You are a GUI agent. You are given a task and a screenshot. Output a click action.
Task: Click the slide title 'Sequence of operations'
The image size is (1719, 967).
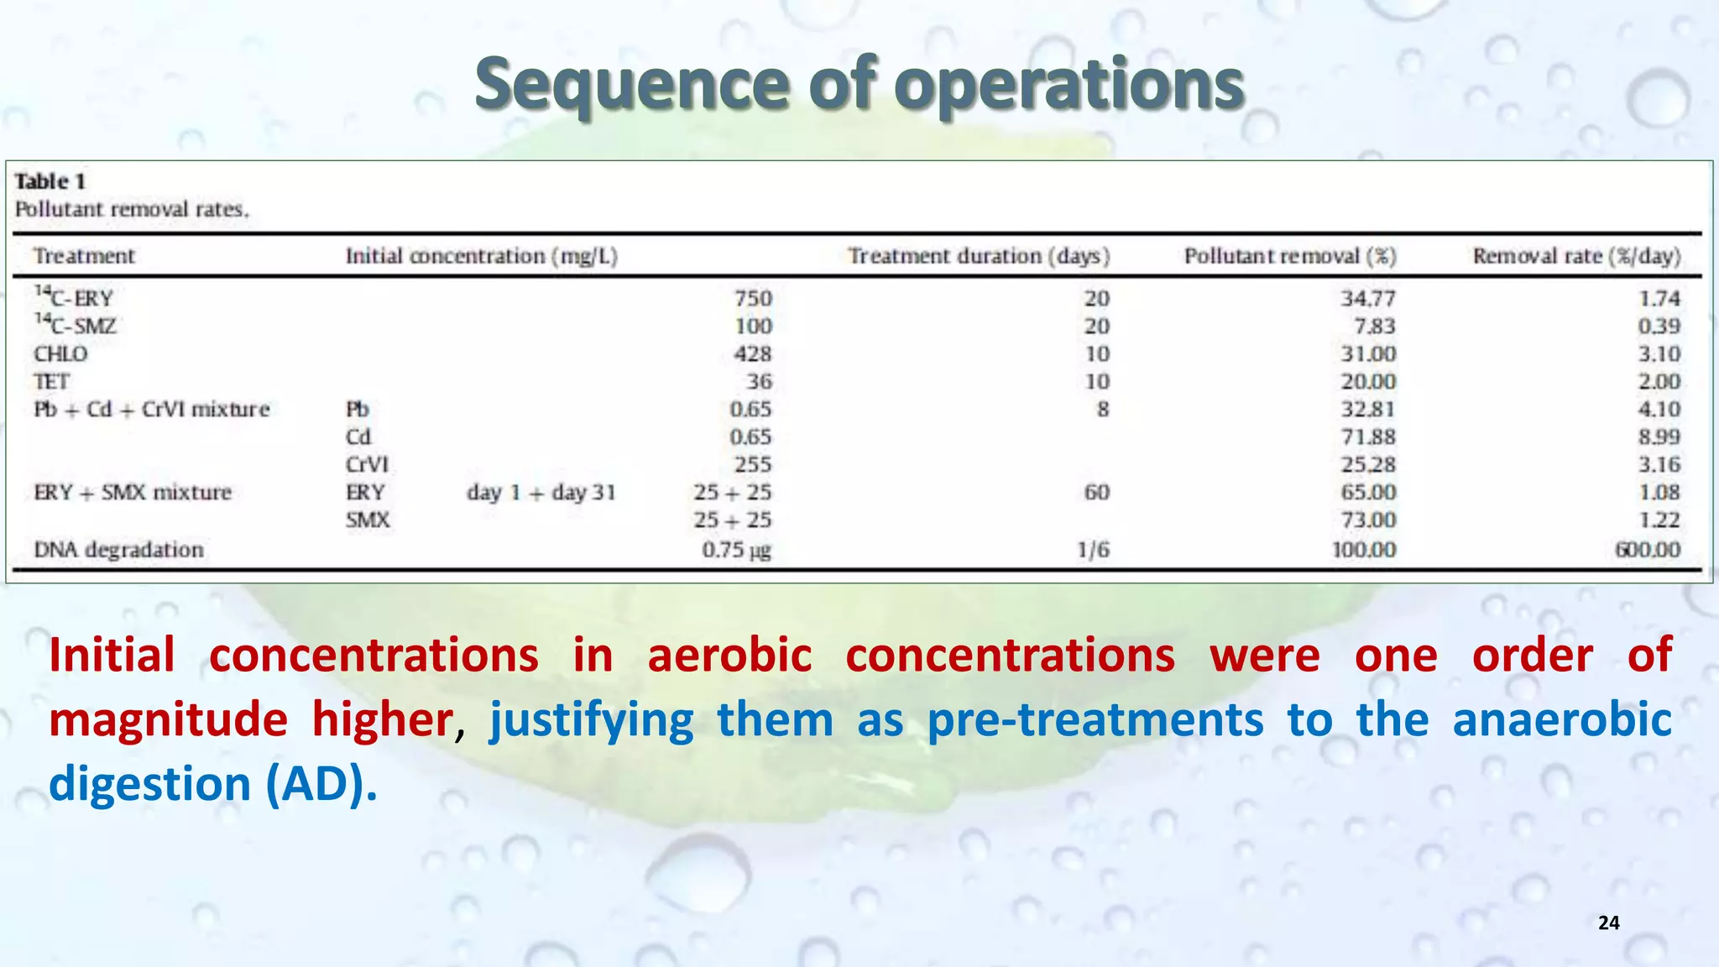(859, 85)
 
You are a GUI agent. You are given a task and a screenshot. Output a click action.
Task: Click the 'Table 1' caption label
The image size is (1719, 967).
(50, 181)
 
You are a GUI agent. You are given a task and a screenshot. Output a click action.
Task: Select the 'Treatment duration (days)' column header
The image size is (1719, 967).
(978, 256)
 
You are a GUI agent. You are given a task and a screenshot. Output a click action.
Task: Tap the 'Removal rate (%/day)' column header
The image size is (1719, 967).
(1576, 256)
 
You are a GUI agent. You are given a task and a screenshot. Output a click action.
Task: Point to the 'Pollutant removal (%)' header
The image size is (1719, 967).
(1290, 256)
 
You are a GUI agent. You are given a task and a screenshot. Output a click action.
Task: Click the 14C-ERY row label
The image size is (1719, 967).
(74, 297)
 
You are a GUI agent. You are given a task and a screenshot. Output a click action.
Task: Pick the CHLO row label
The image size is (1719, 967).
(60, 353)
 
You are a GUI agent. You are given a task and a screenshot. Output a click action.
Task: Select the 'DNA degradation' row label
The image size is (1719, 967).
(118, 550)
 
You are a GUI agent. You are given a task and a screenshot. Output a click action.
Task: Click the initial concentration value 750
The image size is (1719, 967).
(753, 298)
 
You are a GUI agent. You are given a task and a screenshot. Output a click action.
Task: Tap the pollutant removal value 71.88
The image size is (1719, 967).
(1368, 436)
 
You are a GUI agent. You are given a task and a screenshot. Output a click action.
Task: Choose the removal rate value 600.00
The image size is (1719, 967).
(1648, 550)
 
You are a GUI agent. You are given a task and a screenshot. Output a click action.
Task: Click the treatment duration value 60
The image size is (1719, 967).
(1096, 492)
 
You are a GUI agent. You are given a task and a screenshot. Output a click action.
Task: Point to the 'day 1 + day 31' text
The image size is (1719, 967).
(541, 492)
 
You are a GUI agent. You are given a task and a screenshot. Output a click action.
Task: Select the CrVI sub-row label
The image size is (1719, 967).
(367, 464)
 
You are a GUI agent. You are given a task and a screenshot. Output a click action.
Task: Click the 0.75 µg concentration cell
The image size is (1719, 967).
(736, 550)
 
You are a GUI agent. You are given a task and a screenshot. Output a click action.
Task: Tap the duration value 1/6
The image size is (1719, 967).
(1093, 550)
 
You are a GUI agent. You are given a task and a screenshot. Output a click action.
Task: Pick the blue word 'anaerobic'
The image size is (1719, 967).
(1562, 719)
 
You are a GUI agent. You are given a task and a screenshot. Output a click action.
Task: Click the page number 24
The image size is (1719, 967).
(1608, 923)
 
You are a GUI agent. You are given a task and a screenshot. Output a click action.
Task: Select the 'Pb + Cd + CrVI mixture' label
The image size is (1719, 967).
(152, 409)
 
